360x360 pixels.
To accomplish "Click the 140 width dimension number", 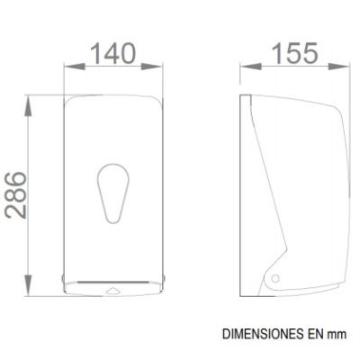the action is pyautogui.click(x=112, y=54).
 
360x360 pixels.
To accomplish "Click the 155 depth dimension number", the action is pyautogui.click(x=294, y=53).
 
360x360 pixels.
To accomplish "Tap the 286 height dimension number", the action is pyautogui.click(x=16, y=194).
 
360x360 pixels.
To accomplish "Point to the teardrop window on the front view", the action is pyautogui.click(x=113, y=193).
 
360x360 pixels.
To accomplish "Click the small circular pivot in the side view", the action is pyautogui.click(x=275, y=278).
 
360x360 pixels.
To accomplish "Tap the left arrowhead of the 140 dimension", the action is pyautogui.click(x=75, y=67).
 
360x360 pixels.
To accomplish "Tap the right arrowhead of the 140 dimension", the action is pyautogui.click(x=152, y=67).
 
